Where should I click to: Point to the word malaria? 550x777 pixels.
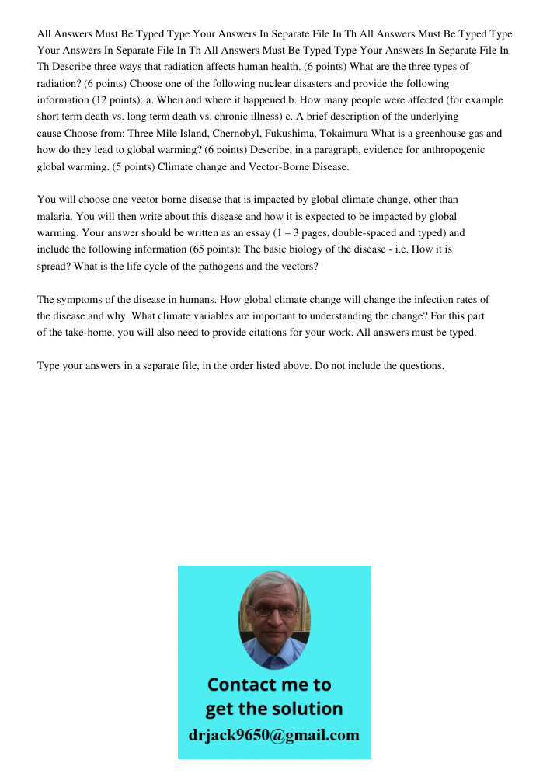pos(54,216)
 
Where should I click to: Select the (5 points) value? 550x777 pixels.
pos(127,166)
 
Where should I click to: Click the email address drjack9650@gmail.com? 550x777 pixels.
pos(274,735)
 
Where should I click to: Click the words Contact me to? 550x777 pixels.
pos(270,685)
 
